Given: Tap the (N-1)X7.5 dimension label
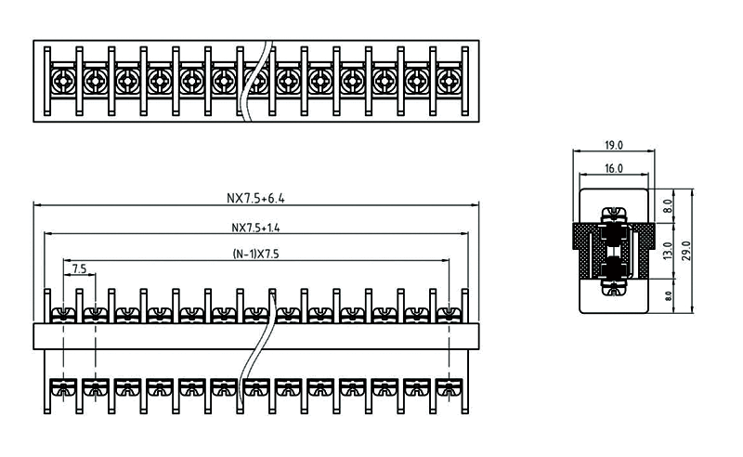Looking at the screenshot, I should [255, 255].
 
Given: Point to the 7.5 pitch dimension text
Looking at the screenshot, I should [78, 268].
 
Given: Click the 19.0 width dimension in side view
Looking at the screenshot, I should [614, 145].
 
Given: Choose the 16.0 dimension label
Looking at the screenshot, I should [614, 169].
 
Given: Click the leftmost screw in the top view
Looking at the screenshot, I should [63, 82].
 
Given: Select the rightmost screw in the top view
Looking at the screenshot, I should [448, 82].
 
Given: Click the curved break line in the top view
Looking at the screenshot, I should [253, 82].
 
